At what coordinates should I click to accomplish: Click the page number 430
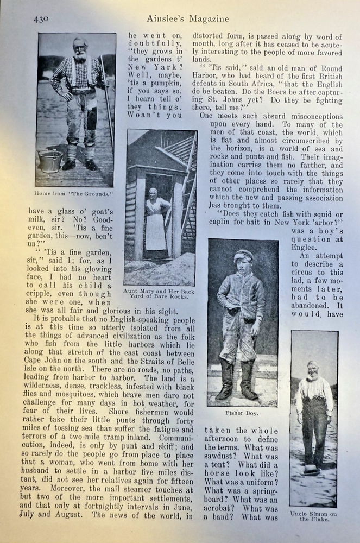coord(41,19)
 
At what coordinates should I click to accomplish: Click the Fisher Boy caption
coord(243,412)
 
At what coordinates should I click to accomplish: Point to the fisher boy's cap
coord(243,254)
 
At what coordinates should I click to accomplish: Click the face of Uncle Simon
coord(312,371)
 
